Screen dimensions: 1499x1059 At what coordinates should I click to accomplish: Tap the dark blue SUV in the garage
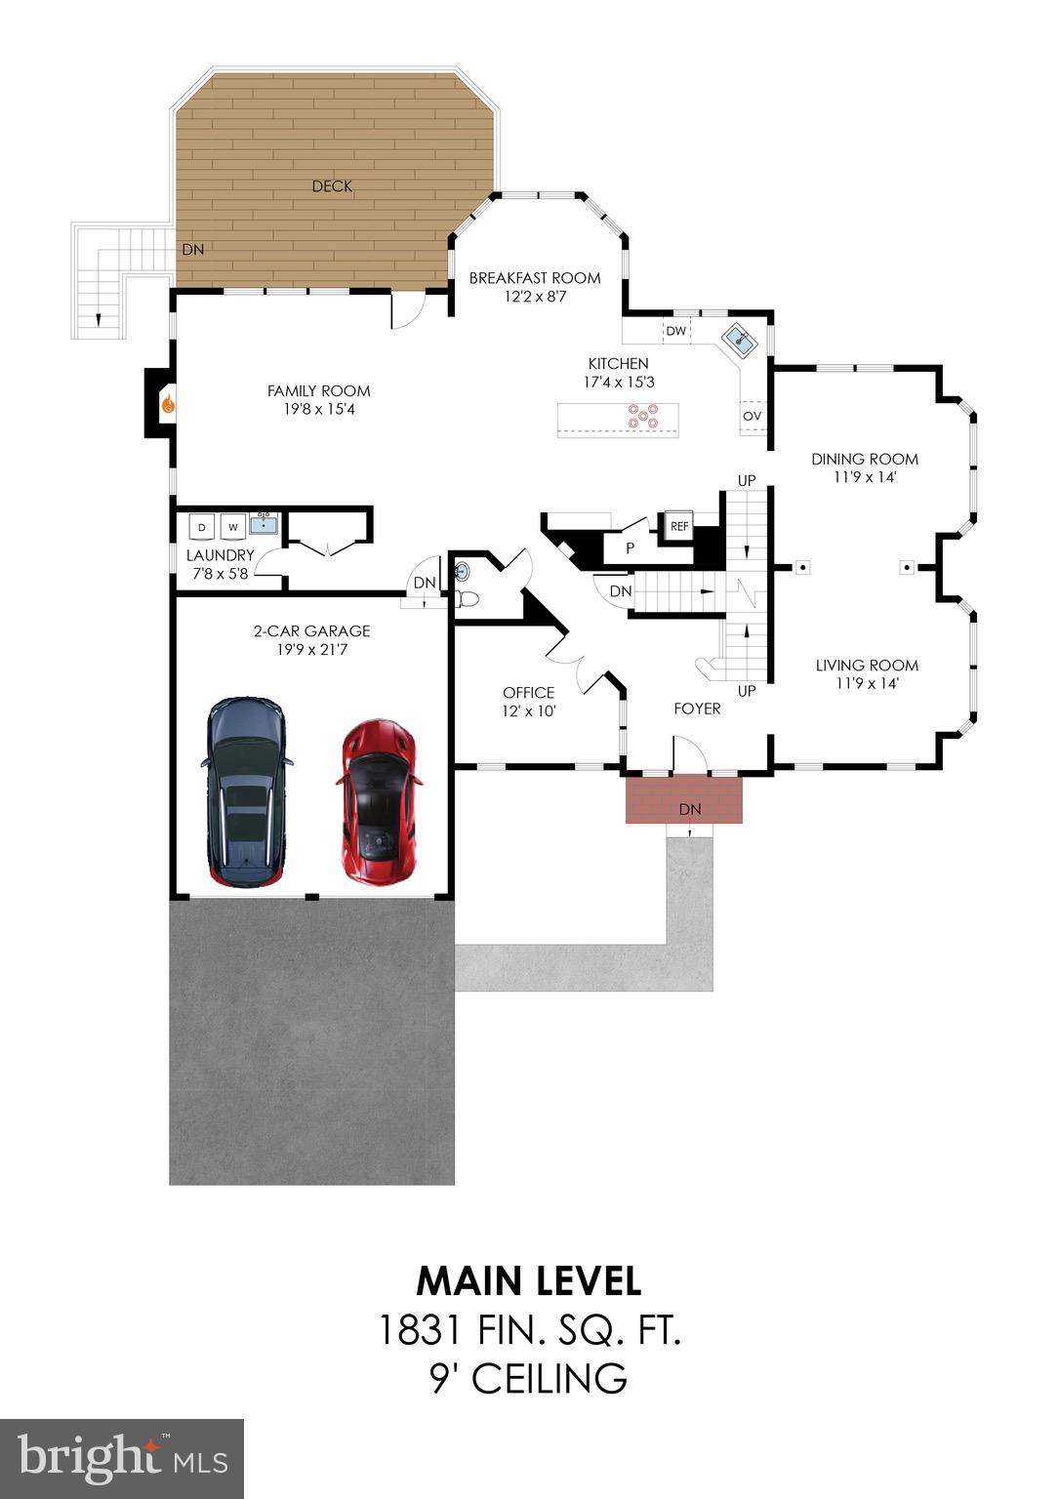(x=245, y=790)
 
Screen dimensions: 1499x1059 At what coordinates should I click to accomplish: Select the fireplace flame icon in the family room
(x=168, y=403)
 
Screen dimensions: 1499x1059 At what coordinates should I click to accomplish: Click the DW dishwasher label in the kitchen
(x=676, y=331)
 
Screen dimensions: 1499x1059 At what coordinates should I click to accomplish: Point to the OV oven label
(x=752, y=416)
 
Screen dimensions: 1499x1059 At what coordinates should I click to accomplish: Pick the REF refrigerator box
(x=679, y=526)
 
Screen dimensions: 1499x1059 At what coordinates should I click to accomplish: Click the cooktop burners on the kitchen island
(x=642, y=417)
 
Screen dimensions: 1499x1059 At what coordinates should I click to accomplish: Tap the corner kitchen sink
(x=740, y=340)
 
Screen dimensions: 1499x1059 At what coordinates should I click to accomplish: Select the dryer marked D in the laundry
(x=202, y=527)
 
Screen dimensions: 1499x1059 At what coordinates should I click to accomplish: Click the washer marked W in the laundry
(x=233, y=527)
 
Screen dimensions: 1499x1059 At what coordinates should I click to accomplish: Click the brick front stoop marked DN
(x=684, y=799)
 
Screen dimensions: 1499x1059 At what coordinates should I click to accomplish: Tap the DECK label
(x=332, y=186)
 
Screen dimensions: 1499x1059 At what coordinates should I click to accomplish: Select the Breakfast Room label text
(x=535, y=278)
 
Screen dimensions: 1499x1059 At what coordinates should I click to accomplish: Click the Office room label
(x=528, y=693)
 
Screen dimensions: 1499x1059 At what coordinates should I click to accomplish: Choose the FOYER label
(x=697, y=709)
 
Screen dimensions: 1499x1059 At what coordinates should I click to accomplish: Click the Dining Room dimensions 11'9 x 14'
(x=865, y=477)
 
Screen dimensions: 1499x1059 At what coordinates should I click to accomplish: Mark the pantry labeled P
(x=631, y=547)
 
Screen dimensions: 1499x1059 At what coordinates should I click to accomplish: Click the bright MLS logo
(x=122, y=1458)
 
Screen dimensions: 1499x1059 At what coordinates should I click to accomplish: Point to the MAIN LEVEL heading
(x=529, y=1280)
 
